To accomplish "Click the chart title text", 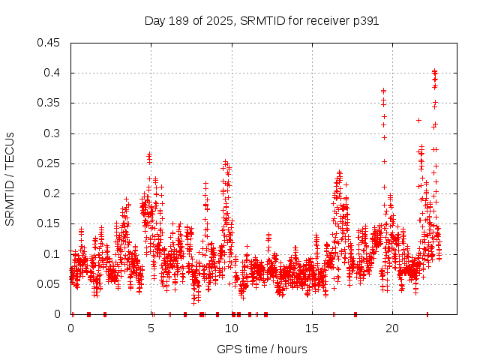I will pos(261,21).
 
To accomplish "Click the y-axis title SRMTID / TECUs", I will pos(10,178).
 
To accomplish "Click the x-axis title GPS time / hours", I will pos(262,349).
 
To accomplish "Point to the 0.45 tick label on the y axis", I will pos(49,43).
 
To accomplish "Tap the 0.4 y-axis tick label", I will pos(52,73).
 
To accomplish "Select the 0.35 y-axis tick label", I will pos(49,103).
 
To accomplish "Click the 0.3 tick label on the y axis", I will pos(52,133).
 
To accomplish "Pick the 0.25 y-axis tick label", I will pos(49,163).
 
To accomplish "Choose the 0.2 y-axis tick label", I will pos(52,193).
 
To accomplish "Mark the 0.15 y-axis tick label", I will pos(49,223).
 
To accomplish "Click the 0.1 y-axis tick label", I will pos(52,254).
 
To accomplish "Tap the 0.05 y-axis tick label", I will pos(49,284).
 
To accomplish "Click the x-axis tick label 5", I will pos(151,328).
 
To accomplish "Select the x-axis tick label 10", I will pos(232,328).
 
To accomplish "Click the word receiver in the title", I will pos(328,21).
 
